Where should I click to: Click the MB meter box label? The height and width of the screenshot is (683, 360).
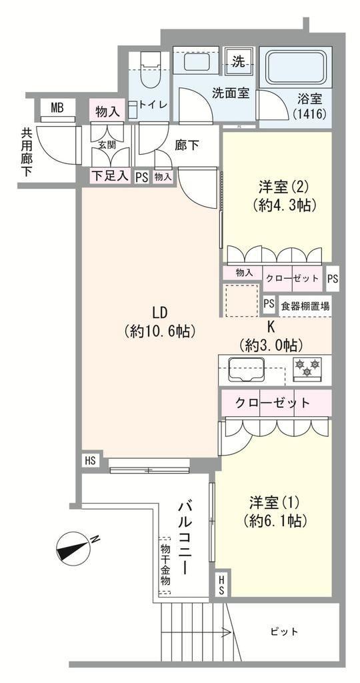click(x=57, y=107)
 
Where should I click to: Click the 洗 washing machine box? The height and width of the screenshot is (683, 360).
click(x=238, y=62)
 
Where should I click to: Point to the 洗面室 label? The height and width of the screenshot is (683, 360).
click(x=231, y=93)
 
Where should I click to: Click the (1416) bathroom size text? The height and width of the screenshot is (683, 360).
click(x=310, y=115)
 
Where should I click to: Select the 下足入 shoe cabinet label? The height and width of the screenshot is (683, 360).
click(x=110, y=175)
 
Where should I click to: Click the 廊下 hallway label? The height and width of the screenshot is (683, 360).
click(x=187, y=145)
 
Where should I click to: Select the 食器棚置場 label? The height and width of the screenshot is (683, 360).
click(x=305, y=306)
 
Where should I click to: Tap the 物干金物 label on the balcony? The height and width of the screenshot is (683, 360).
click(x=165, y=564)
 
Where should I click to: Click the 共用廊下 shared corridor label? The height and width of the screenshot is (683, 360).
click(x=27, y=151)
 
